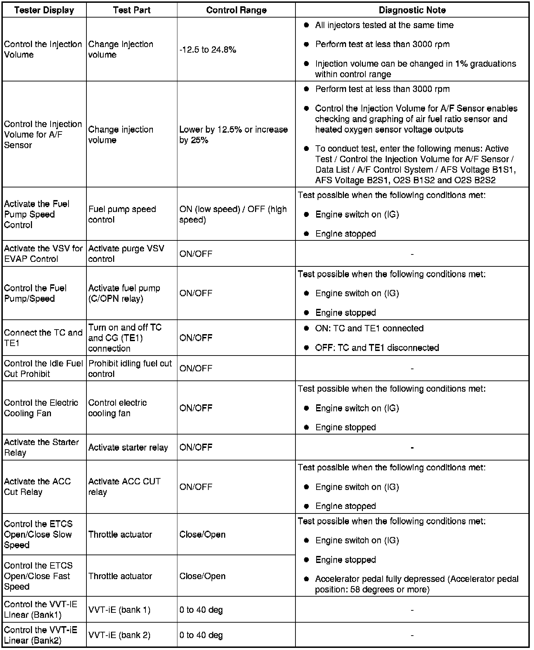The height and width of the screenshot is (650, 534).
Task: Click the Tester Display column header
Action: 44,10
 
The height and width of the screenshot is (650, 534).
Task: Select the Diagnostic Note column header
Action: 412,10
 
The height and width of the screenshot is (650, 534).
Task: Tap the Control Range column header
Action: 236,10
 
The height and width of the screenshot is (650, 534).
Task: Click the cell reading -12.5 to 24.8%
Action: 208,50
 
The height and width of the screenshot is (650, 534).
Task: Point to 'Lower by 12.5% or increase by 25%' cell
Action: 233,135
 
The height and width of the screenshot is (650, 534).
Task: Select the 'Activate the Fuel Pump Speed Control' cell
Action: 37,214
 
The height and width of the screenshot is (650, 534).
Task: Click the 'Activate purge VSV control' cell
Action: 126,253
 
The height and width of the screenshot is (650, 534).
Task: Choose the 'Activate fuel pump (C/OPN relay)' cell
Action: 124,293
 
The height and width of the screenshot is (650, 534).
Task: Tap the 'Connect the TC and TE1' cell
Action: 43,338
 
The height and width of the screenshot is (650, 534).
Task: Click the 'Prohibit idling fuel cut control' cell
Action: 130,369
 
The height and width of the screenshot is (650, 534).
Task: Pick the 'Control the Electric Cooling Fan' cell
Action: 41,408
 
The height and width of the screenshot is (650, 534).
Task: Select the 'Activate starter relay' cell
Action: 128,447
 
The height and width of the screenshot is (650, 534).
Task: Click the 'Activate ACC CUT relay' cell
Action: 124,486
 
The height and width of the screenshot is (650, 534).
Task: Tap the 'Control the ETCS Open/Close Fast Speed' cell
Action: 38,576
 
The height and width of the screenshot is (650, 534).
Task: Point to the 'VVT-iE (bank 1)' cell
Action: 119,610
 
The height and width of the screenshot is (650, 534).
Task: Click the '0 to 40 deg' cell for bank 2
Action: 201,635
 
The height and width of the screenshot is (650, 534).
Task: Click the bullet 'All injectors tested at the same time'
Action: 384,25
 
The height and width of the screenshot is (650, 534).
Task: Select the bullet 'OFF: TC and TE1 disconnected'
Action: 377,347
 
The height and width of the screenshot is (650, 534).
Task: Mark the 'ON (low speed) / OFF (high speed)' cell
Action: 233,214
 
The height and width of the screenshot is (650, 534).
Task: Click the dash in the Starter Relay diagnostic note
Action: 412,447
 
